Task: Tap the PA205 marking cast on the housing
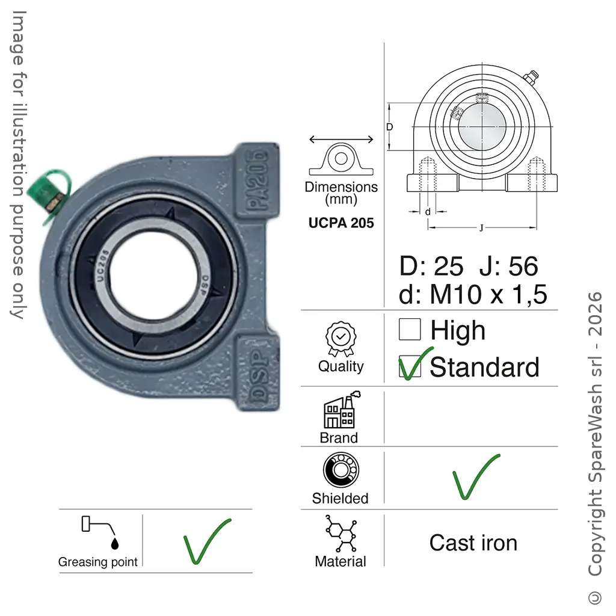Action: pyautogui.click(x=257, y=180)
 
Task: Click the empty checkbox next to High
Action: pyautogui.click(x=410, y=329)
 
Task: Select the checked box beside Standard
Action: pyautogui.click(x=410, y=366)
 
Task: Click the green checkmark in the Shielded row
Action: pyautogui.click(x=476, y=476)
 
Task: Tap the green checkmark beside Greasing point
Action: pyautogui.click(x=207, y=541)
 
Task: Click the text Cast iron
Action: pyautogui.click(x=473, y=543)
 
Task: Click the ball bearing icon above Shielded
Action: pyautogui.click(x=340, y=470)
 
